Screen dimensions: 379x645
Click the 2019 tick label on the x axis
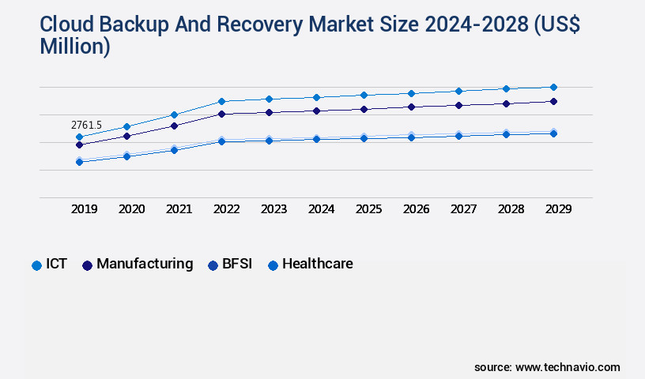tap(85, 209)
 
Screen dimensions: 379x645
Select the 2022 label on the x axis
tap(227, 209)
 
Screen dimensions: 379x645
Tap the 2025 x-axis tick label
tap(369, 209)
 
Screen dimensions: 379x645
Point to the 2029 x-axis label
tap(558, 209)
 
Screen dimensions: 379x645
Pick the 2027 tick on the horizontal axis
tap(464, 209)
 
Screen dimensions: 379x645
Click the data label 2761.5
tap(86, 125)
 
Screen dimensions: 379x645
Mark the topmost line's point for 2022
tap(221, 101)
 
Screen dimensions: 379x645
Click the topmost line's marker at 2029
tap(553, 87)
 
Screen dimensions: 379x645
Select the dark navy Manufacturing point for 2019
tap(79, 145)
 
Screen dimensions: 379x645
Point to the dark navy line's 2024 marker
tap(316, 111)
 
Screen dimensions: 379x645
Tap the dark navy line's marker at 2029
tap(553, 101)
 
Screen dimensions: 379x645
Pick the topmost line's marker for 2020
tap(126, 126)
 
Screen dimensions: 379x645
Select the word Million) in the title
tap(74, 47)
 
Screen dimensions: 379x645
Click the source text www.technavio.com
tap(568, 367)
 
